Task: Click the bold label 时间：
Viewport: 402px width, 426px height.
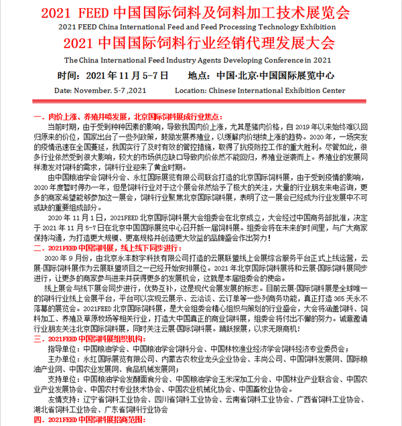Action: pos(72,75)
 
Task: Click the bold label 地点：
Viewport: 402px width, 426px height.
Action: pos(202,75)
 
